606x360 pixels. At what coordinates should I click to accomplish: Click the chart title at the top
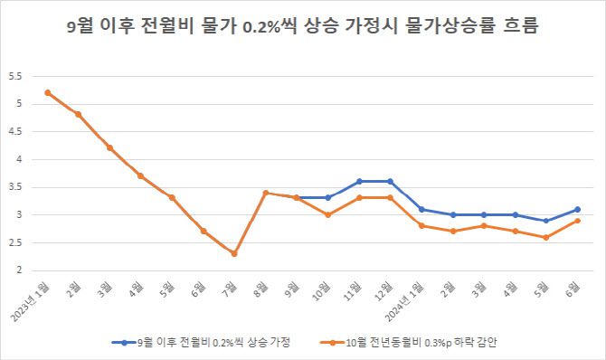pyautogui.click(x=303, y=26)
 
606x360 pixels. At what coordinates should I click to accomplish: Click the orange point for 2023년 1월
pyautogui.click(x=47, y=92)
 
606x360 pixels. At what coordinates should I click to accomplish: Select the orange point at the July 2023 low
pyautogui.click(x=234, y=253)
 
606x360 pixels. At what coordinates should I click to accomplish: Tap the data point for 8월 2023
pyautogui.click(x=265, y=193)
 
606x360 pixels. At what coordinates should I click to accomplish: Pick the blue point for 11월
pyautogui.click(x=359, y=181)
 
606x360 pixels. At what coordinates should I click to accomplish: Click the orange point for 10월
pyautogui.click(x=327, y=214)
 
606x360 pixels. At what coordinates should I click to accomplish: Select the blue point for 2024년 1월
pyautogui.click(x=421, y=209)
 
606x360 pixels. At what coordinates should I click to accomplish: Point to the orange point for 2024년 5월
pyautogui.click(x=546, y=237)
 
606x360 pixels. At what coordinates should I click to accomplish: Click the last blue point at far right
pyautogui.click(x=577, y=209)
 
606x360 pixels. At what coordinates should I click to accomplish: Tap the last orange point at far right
pyautogui.click(x=577, y=221)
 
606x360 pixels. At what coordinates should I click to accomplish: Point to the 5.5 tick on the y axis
pyautogui.click(x=14, y=76)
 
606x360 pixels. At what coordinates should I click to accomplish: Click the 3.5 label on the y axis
pyautogui.click(x=14, y=187)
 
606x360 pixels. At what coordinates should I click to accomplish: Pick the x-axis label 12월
pyautogui.click(x=383, y=289)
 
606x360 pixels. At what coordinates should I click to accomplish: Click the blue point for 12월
pyautogui.click(x=390, y=181)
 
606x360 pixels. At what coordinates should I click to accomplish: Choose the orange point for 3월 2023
pyautogui.click(x=109, y=147)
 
